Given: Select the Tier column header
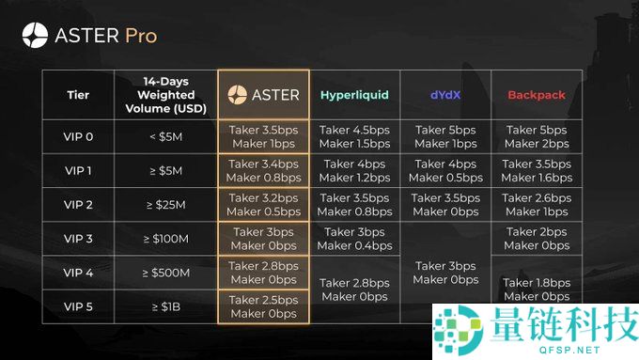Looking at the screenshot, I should click(78, 95).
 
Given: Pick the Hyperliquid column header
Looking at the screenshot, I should click(354, 95).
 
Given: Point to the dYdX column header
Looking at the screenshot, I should click(445, 95).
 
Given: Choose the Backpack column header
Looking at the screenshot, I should click(536, 95).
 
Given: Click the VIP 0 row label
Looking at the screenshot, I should click(78, 137).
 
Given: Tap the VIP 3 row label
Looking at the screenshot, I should click(78, 239).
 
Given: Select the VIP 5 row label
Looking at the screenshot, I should click(78, 306).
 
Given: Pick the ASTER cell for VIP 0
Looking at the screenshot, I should click(263, 137).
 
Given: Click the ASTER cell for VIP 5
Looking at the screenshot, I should click(263, 306).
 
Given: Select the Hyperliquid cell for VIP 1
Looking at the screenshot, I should click(354, 171).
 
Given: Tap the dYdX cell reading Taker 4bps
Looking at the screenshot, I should click(445, 171).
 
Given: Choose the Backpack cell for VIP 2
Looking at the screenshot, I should click(536, 205).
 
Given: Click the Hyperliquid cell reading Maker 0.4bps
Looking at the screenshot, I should click(354, 239).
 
